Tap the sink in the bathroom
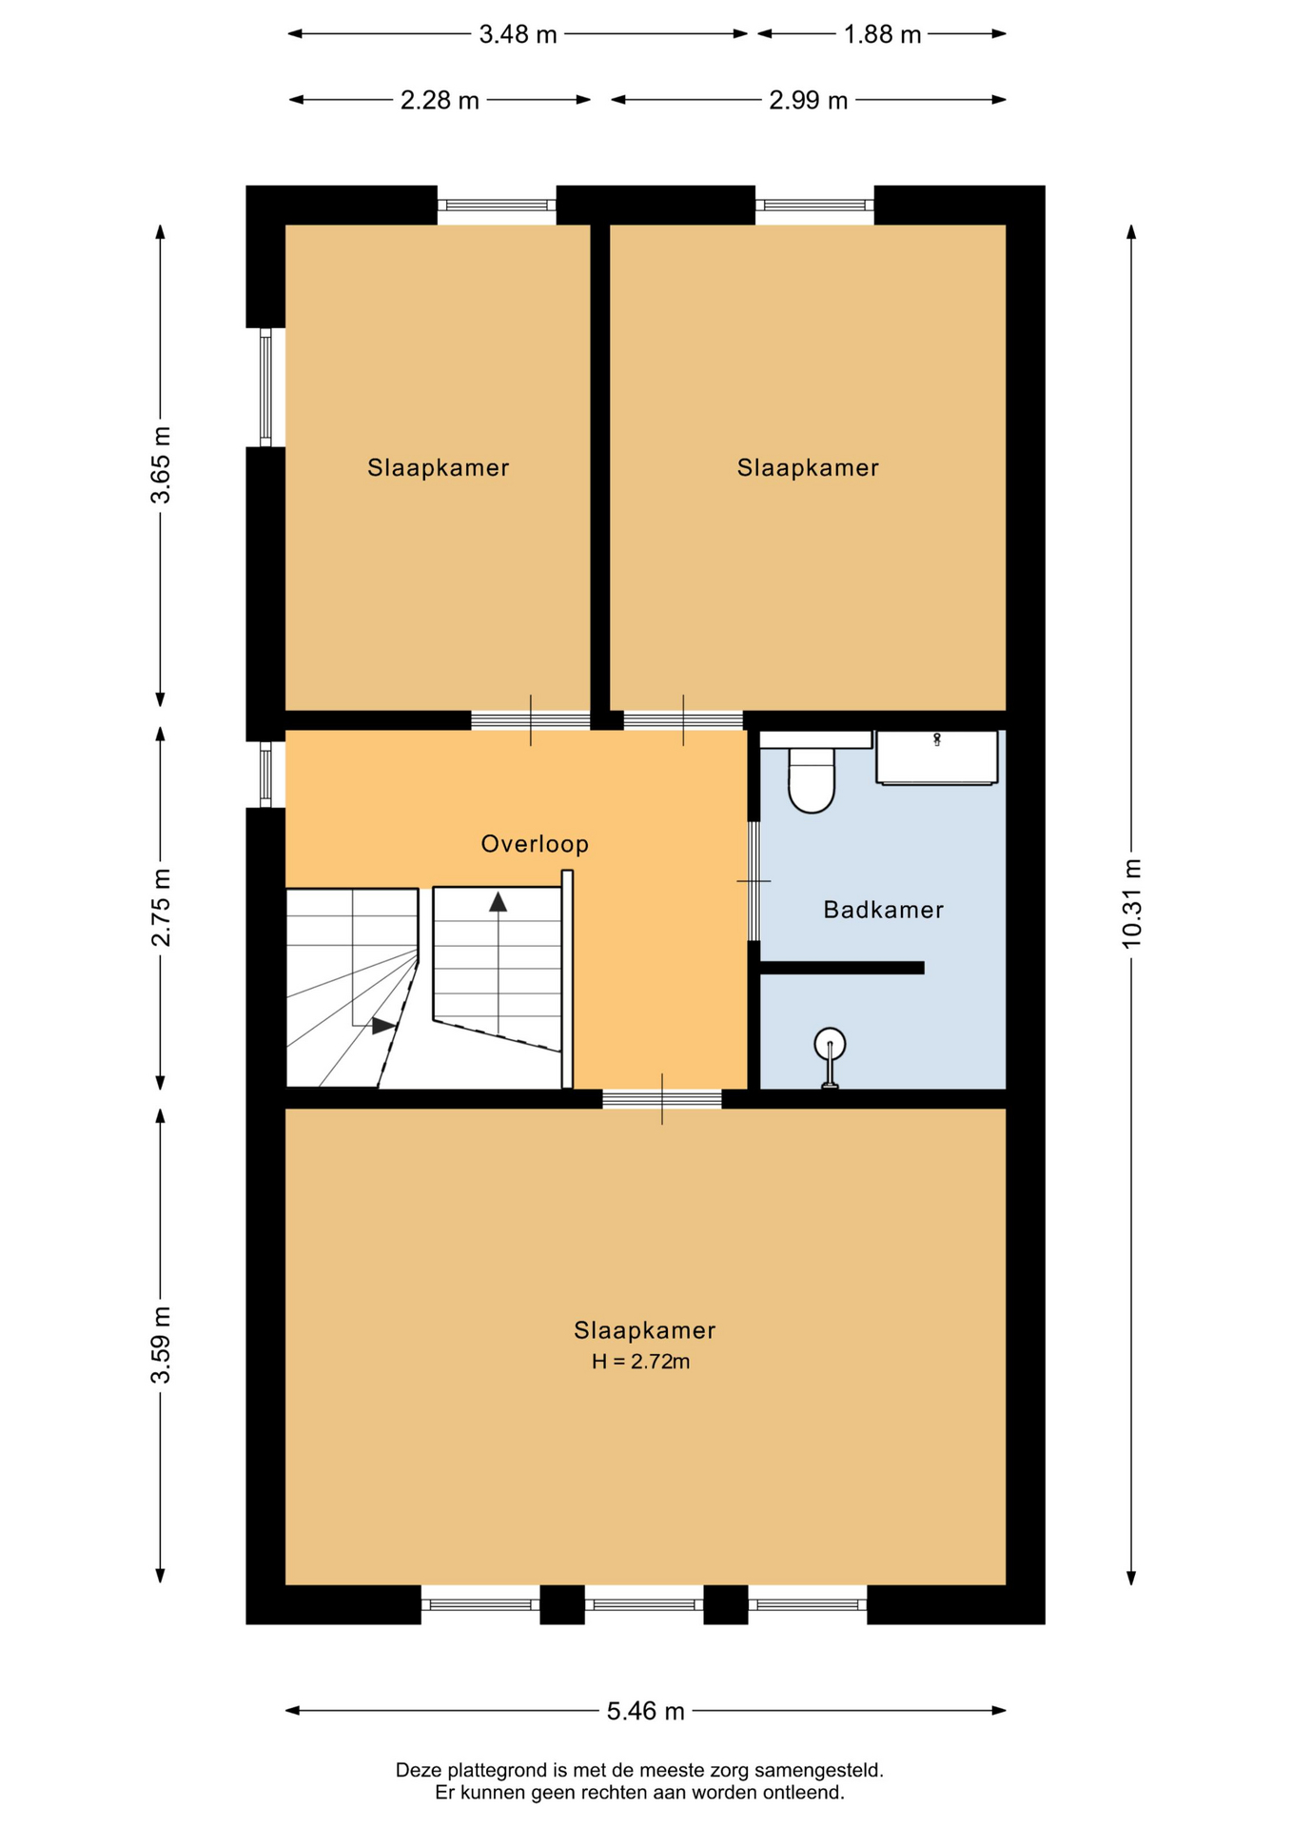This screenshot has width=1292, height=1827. point(937,757)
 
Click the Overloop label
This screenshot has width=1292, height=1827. point(535,844)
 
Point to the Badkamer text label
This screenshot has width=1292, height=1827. point(884,910)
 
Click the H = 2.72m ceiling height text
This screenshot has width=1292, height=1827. point(641,1362)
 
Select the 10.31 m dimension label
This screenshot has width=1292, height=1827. point(1131,903)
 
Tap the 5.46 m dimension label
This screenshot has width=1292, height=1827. point(646,1711)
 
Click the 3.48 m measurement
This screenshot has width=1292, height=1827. point(518,35)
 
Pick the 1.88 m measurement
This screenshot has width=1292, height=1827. point(883,35)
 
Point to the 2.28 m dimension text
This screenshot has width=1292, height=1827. point(440,100)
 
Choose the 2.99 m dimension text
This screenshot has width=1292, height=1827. point(809,100)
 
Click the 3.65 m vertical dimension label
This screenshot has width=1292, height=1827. point(161,465)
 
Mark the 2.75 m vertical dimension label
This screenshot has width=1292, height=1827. point(161,907)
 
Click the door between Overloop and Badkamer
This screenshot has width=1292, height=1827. point(754,881)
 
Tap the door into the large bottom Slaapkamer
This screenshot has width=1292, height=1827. point(662,1099)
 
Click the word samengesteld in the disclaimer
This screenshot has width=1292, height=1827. point(819,1771)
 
